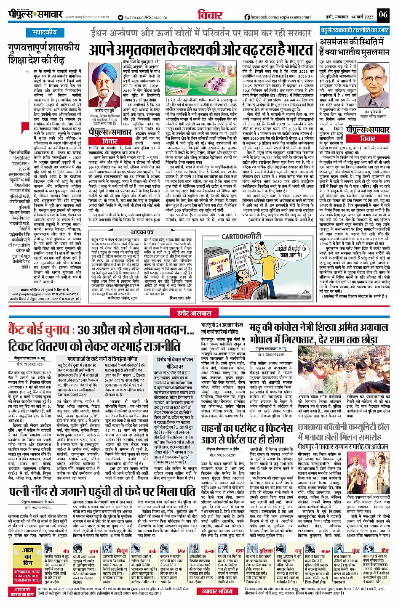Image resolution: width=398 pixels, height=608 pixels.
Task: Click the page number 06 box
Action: coord(382,15)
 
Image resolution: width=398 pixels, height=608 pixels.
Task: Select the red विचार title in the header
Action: coord(210,15)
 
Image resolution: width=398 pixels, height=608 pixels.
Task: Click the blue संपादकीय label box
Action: coord(45,32)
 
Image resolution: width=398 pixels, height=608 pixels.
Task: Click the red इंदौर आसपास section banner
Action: coord(198,312)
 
